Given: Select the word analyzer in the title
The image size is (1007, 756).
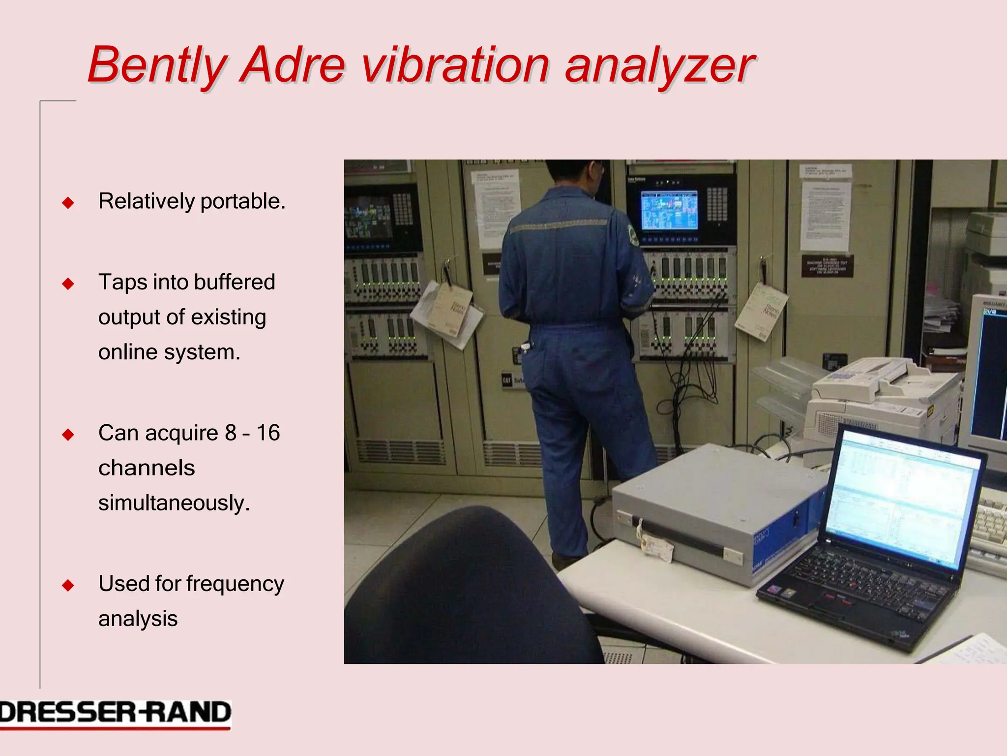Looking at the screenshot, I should (x=659, y=66).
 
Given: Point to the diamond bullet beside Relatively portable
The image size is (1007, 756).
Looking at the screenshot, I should (x=68, y=203).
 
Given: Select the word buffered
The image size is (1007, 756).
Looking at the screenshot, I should (x=235, y=282).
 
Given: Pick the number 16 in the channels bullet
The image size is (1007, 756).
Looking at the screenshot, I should (x=268, y=433).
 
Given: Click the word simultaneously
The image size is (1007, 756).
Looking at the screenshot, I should (x=174, y=503).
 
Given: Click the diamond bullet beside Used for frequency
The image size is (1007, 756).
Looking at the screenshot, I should (x=68, y=585).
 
